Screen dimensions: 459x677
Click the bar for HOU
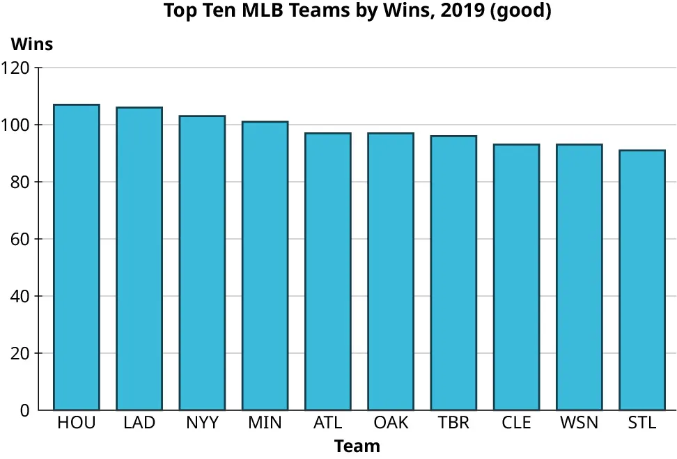click(77, 257)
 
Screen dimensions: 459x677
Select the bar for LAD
click(139, 258)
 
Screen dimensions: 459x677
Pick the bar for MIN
click(265, 265)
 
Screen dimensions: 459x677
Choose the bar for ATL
click(328, 271)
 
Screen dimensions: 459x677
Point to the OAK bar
click(391, 271)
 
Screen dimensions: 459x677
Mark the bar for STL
click(642, 279)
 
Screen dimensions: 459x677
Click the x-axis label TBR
click(453, 423)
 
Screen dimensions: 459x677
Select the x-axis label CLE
click(516, 423)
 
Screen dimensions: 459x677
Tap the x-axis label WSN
click(579, 423)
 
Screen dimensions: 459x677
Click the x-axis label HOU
click(77, 423)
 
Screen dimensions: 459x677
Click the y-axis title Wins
click(31, 44)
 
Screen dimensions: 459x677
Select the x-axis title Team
click(357, 446)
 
